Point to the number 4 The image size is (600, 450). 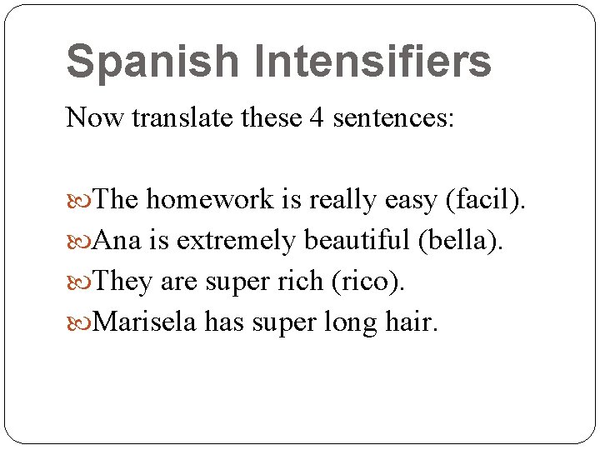coord(317,118)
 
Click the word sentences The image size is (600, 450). coord(393,118)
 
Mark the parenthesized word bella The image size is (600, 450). coord(461,241)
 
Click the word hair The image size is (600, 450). coord(410,321)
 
